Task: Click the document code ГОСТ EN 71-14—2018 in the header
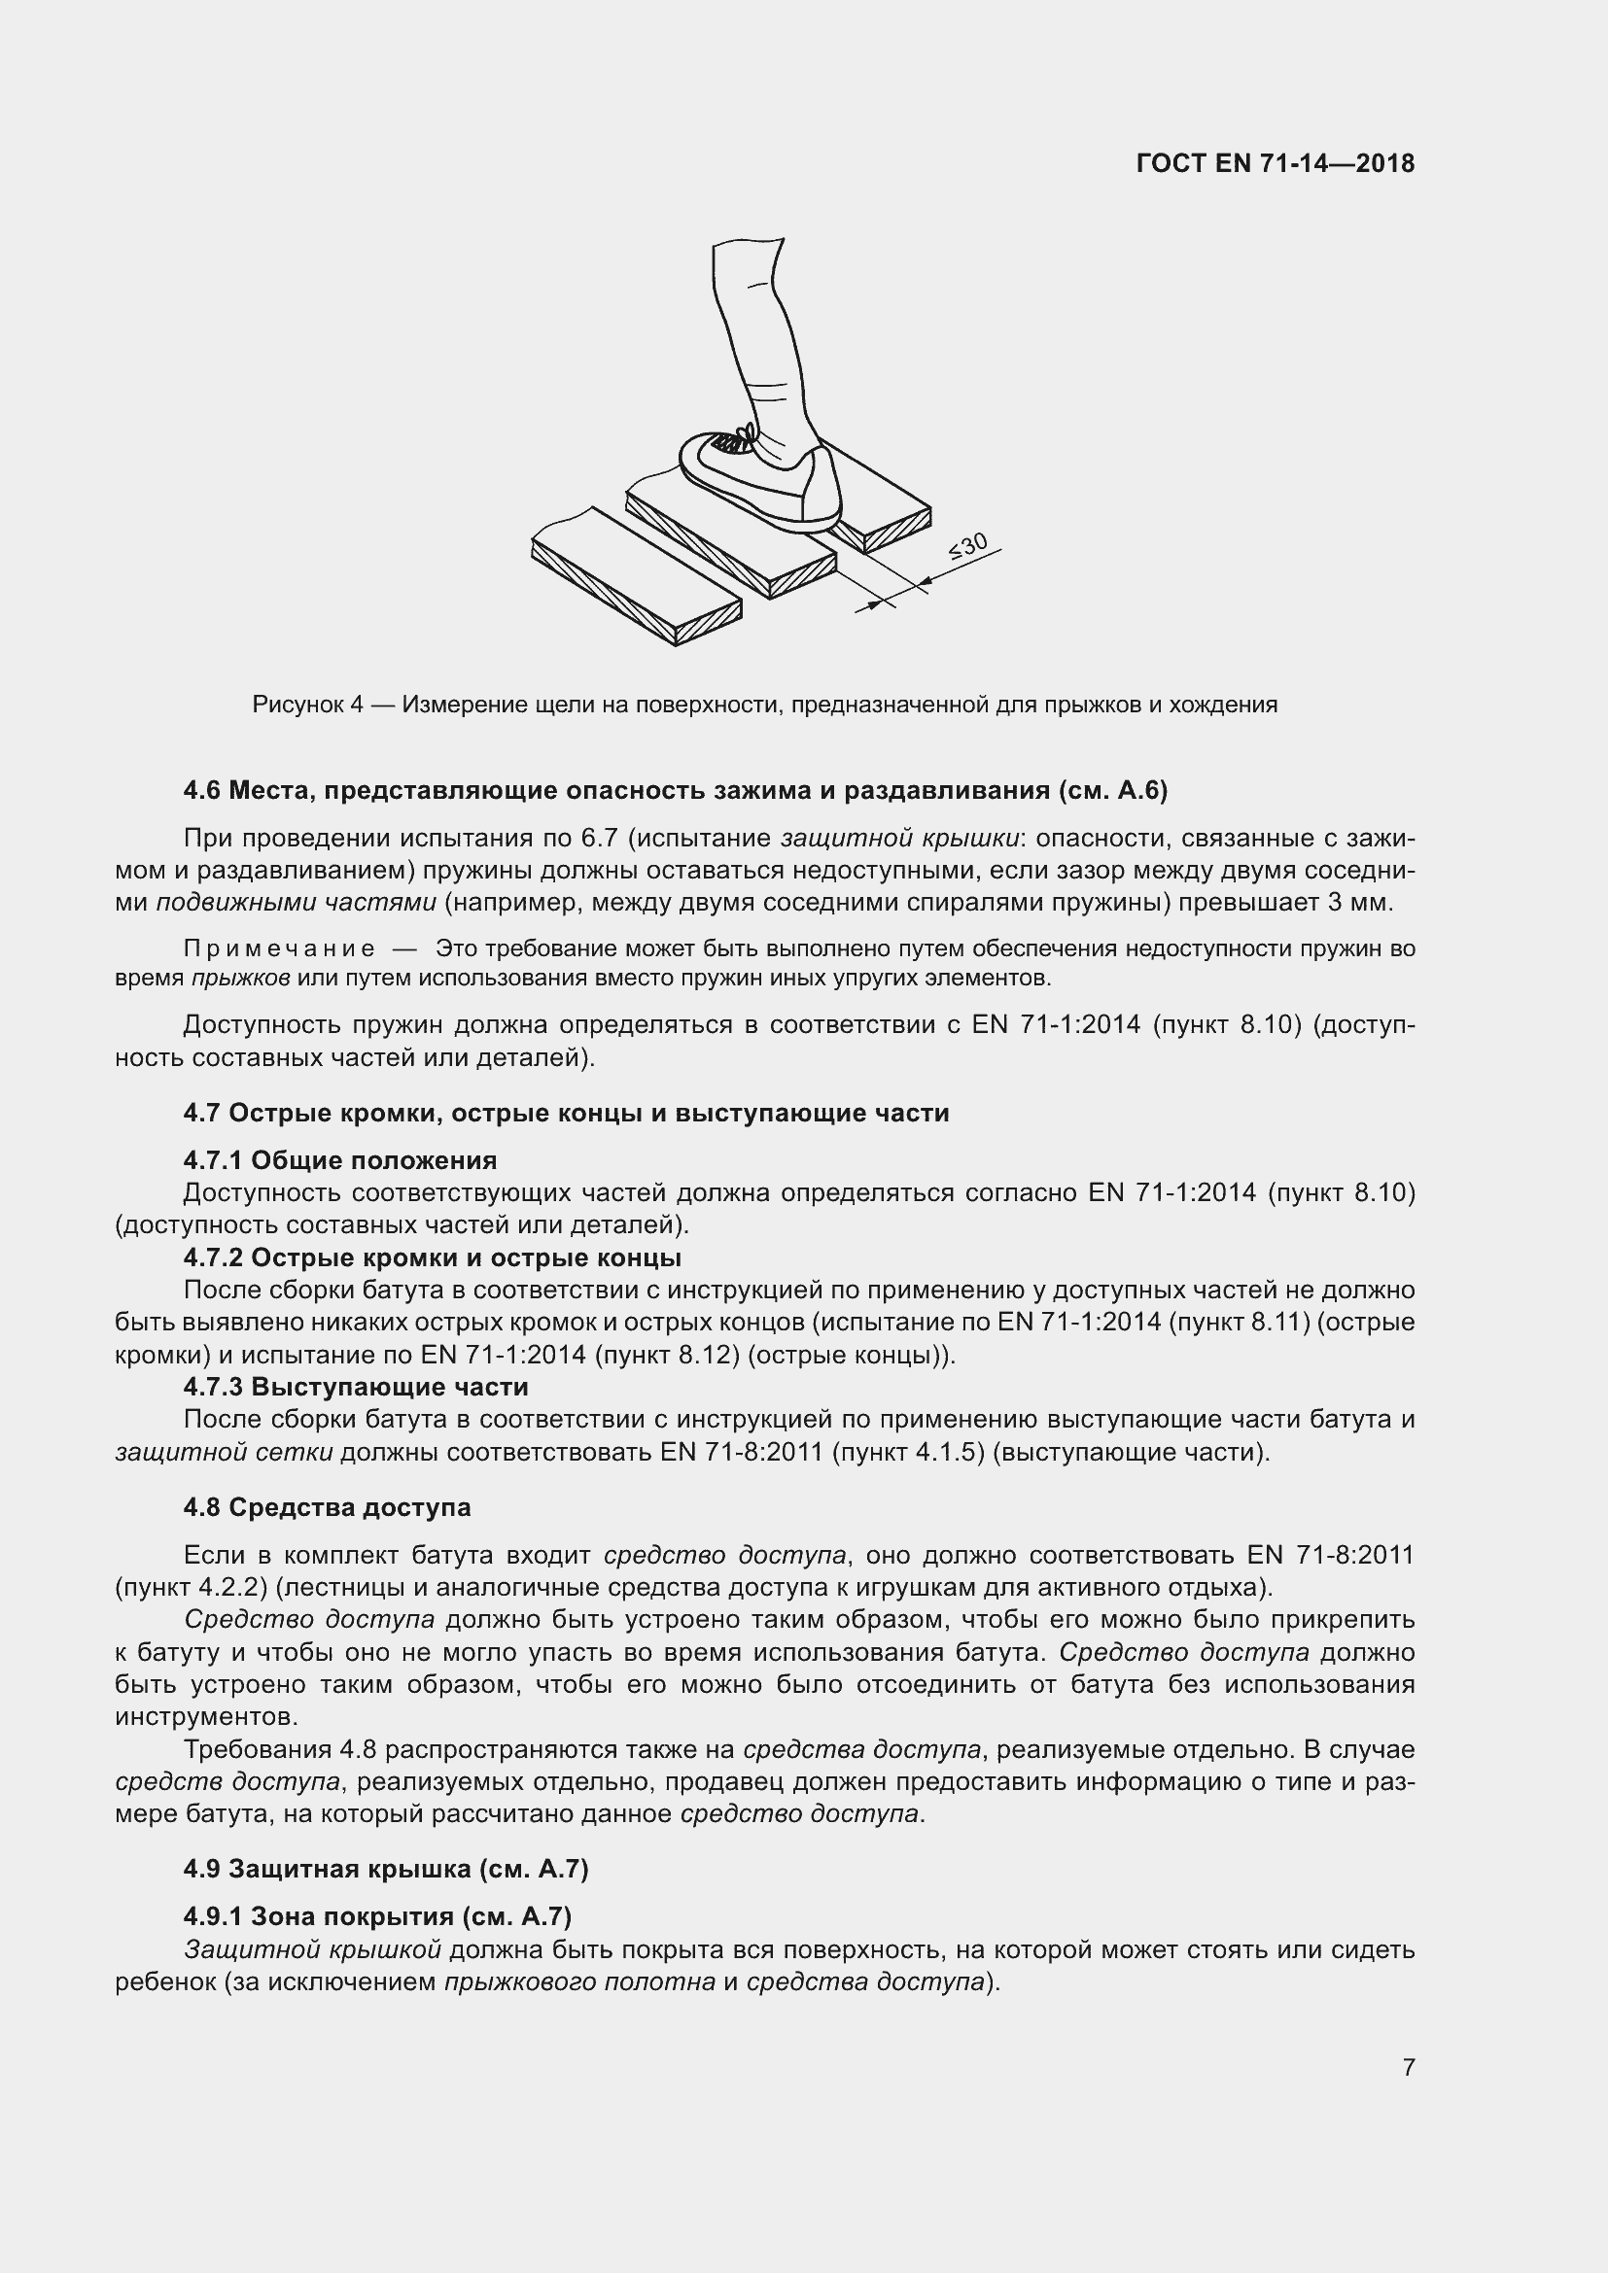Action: point(1276,163)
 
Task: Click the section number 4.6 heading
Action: point(204,790)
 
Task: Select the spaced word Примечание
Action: point(279,948)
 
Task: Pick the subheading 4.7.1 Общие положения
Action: point(339,1160)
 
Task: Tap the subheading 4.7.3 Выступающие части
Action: point(356,1386)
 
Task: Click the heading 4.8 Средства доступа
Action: point(327,1507)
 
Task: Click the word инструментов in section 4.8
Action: point(206,1715)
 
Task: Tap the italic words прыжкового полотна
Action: point(579,1980)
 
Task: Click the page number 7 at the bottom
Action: point(1408,2067)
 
